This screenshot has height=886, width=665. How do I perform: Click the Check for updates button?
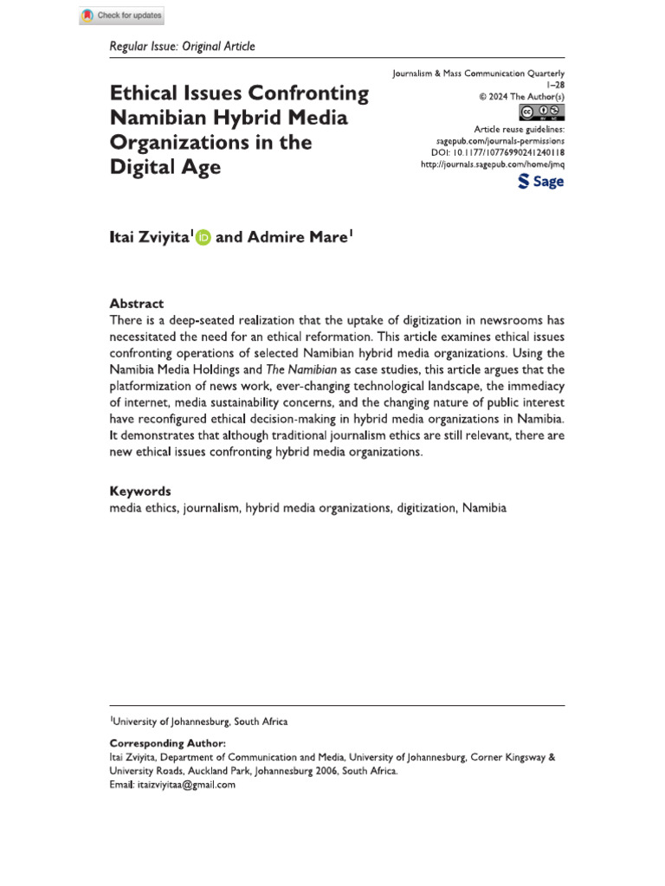click(x=121, y=16)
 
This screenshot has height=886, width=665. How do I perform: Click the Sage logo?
click(x=540, y=181)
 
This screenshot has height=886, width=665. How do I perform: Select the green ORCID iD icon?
click(x=203, y=237)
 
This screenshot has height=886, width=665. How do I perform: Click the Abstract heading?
click(x=136, y=304)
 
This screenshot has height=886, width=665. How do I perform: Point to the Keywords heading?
click(x=139, y=491)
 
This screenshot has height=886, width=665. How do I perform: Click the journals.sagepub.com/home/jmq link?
click(x=491, y=164)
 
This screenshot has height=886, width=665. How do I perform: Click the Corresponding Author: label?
click(x=167, y=743)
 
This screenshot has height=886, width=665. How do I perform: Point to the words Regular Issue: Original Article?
click(x=182, y=46)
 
